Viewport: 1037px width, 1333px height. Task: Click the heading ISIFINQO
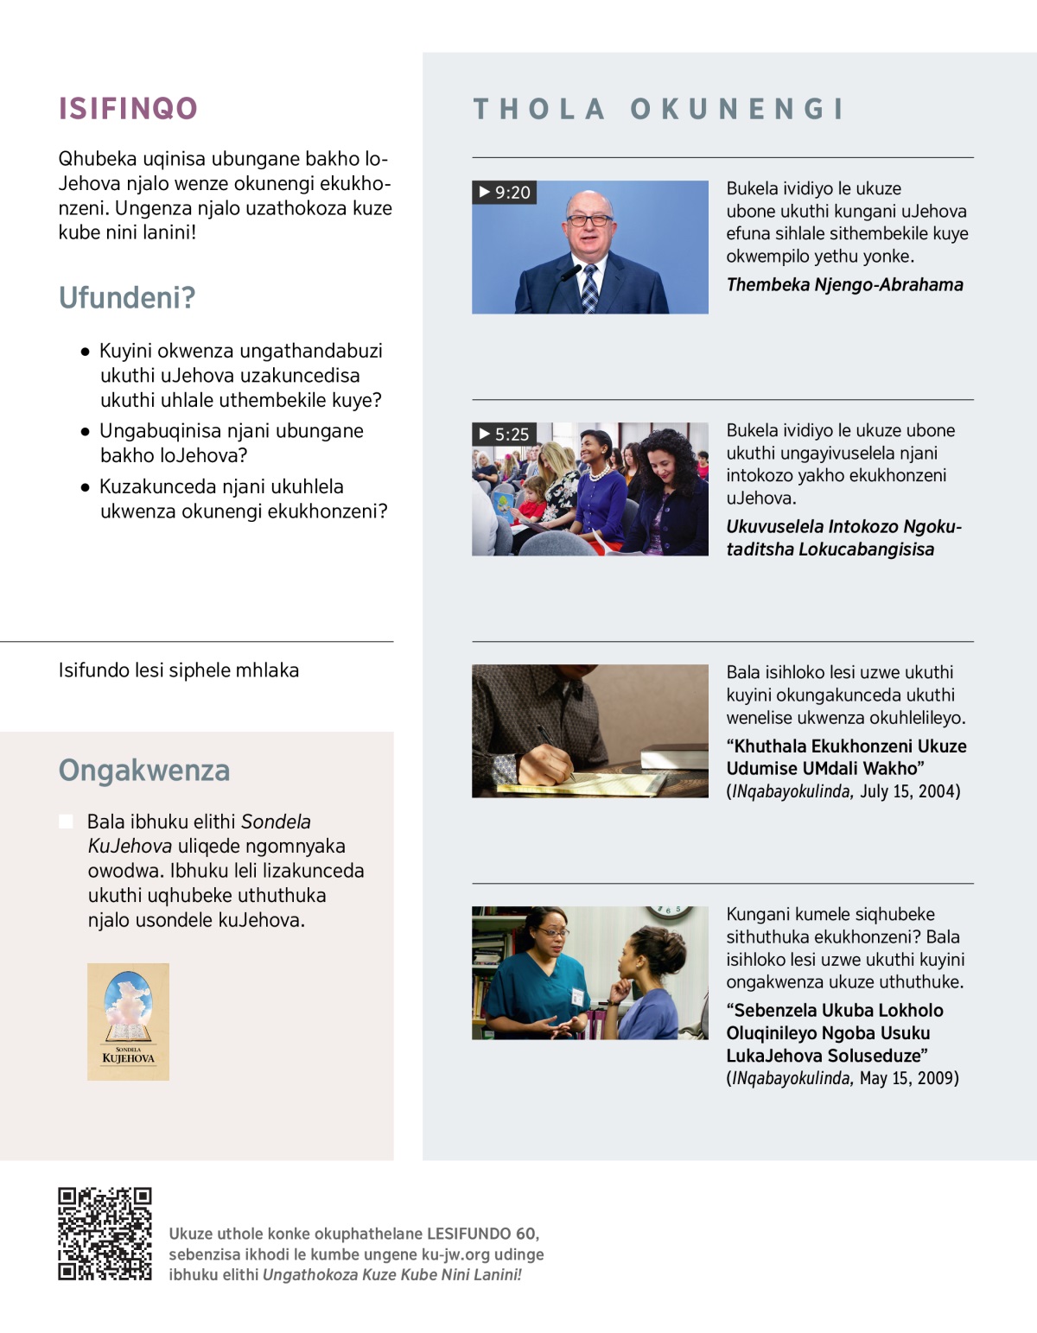[x=128, y=109]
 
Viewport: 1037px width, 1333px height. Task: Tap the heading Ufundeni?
[x=127, y=298]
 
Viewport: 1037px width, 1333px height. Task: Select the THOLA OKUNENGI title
[x=658, y=109]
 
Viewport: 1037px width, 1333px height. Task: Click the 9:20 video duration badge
[x=505, y=192]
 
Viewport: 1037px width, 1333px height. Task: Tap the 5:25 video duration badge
[x=505, y=434]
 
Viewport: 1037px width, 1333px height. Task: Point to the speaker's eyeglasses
[x=589, y=220]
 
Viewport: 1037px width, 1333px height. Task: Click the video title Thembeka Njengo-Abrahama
[x=844, y=285]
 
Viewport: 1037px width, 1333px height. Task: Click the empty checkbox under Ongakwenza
[x=66, y=821]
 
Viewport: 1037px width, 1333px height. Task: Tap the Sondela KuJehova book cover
[x=128, y=1021]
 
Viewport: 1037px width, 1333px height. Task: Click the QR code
[x=105, y=1234]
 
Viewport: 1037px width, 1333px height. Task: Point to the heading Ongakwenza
[x=144, y=771]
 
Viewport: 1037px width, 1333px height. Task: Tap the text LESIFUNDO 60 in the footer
[x=482, y=1234]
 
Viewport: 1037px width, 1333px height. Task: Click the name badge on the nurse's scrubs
[x=577, y=995]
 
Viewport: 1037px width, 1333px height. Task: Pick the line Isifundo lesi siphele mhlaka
[x=179, y=670]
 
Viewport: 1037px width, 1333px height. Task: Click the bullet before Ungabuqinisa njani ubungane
[x=85, y=431]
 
